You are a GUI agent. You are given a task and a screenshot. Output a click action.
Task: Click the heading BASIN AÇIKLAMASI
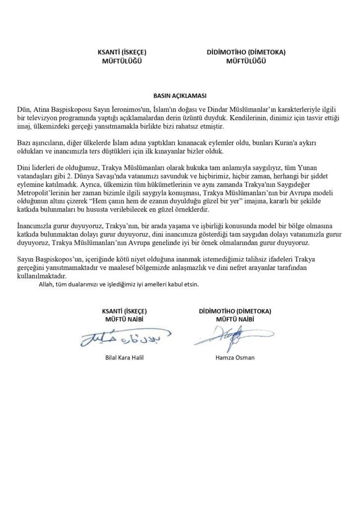180,94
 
